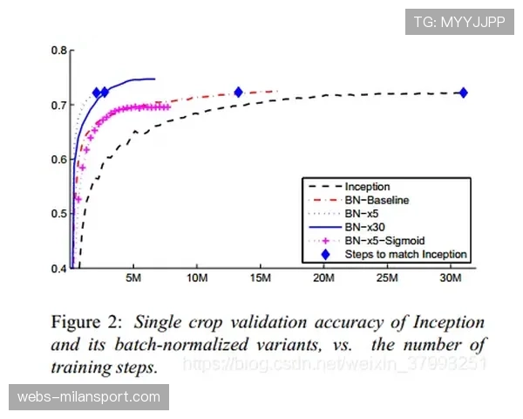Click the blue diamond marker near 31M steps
click(463, 93)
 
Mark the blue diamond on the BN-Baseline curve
click(238, 92)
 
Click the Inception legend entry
click(367, 187)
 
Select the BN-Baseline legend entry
click(377, 200)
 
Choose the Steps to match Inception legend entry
click(405, 254)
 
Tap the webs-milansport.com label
click(89, 397)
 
